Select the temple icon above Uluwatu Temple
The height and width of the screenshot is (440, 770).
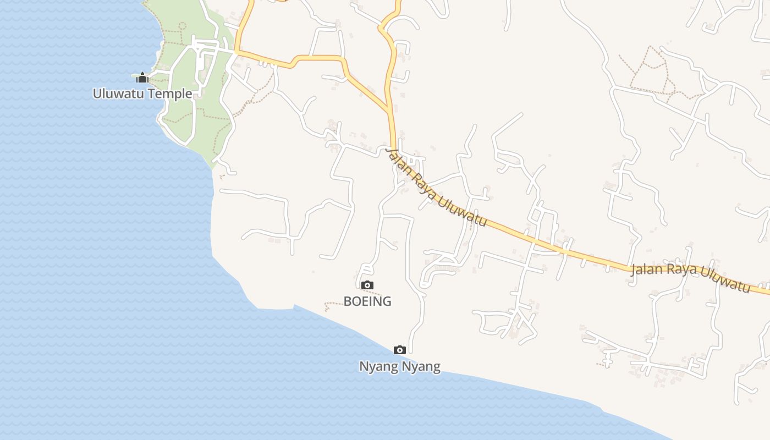point(142,78)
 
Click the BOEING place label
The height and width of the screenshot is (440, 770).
point(367,301)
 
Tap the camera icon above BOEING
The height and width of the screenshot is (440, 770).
point(367,285)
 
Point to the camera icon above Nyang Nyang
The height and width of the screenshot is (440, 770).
point(400,350)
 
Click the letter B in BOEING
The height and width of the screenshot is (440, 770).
point(348,301)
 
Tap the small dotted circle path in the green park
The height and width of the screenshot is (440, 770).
point(182,25)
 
